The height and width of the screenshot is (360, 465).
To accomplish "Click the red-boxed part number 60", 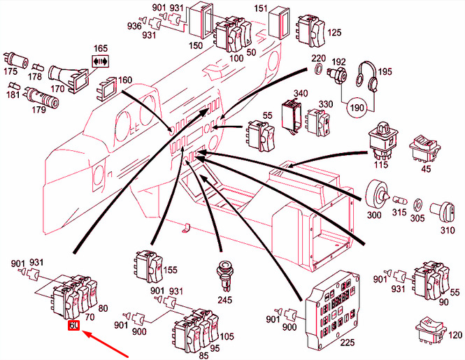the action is [x=73, y=325].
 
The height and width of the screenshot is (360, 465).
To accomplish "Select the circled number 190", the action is [x=357, y=107].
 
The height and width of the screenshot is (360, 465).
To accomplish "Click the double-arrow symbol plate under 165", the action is [x=101, y=62].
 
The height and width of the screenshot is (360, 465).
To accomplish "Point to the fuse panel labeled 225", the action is [x=333, y=308].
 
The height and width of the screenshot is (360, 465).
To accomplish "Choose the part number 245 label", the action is [x=224, y=300].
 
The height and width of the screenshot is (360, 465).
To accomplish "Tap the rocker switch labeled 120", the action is [x=431, y=330].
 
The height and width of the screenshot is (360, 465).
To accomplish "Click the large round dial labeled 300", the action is [x=377, y=195].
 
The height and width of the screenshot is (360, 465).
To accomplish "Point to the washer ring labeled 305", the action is [x=417, y=203].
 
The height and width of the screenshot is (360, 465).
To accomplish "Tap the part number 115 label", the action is [x=381, y=164].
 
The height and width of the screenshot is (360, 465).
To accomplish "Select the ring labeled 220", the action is [x=318, y=69].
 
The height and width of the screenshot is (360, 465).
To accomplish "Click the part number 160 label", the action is [x=125, y=80].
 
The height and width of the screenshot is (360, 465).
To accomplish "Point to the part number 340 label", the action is [x=301, y=94].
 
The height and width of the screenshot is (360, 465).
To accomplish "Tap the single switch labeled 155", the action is [x=148, y=267].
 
